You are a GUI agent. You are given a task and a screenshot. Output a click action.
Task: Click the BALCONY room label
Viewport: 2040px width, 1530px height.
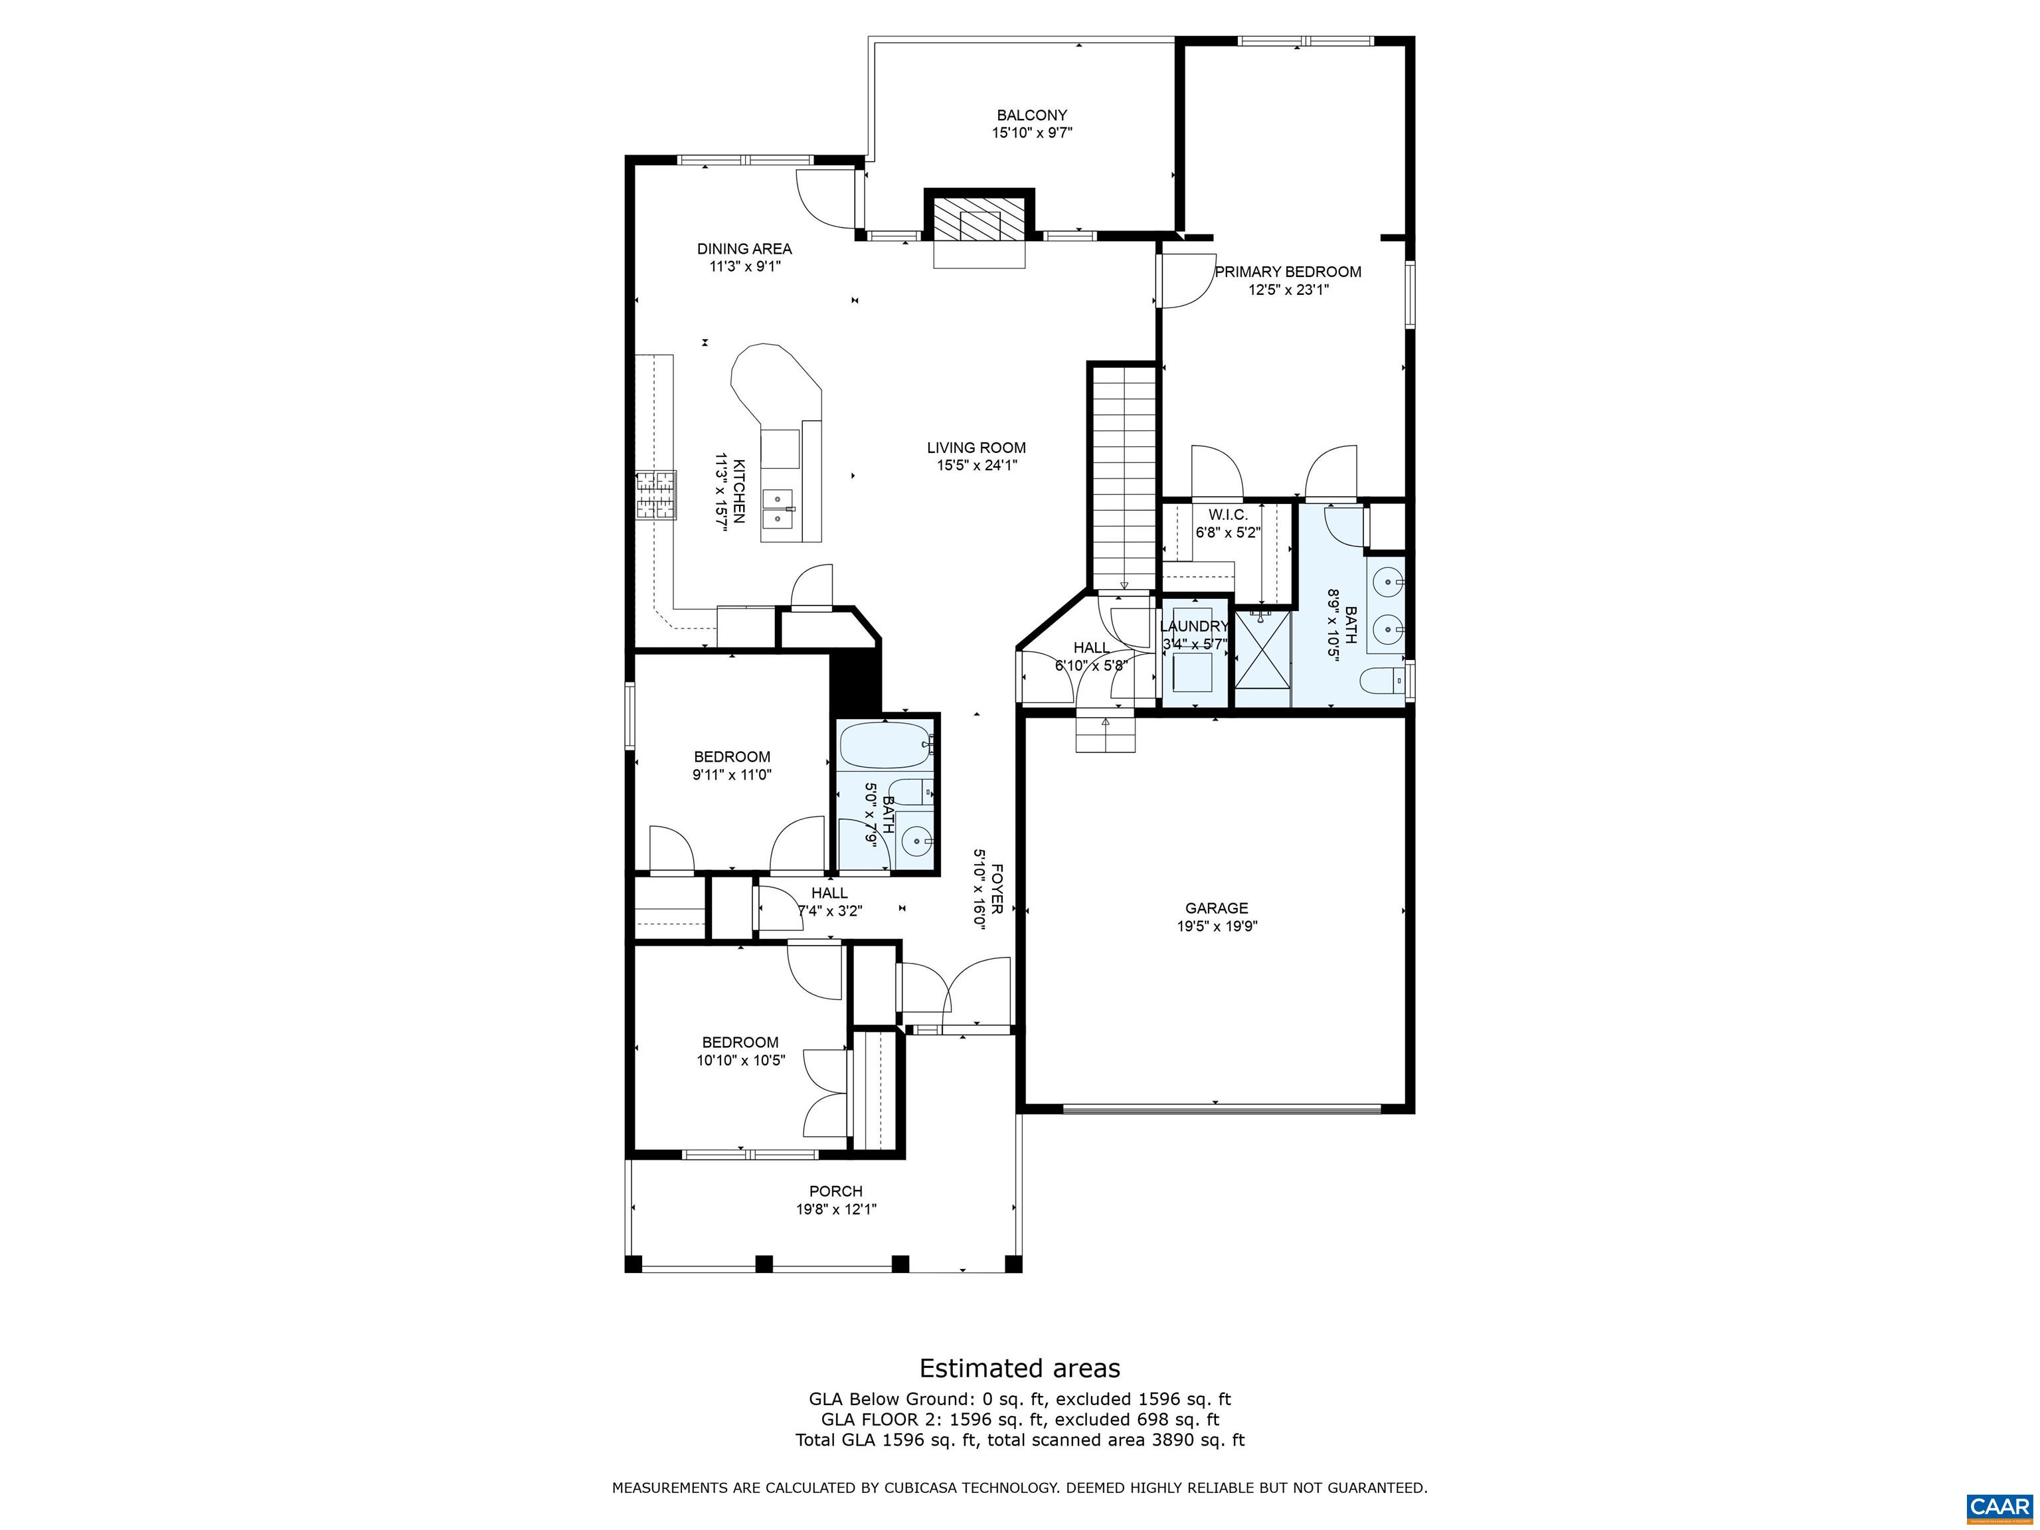[1031, 116]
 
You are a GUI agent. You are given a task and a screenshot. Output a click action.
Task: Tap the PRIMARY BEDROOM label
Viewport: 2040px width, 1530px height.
[1288, 272]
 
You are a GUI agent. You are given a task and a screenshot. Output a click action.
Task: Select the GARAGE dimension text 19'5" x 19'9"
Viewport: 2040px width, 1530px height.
[1217, 926]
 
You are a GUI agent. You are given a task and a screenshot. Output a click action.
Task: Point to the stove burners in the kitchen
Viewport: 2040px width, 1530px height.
[655, 495]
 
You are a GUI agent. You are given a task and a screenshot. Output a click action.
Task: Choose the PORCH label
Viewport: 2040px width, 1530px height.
[835, 1191]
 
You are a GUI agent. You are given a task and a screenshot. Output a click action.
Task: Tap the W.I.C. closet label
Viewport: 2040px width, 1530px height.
[1227, 515]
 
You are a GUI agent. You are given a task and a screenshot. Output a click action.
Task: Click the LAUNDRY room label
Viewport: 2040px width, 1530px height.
[1194, 627]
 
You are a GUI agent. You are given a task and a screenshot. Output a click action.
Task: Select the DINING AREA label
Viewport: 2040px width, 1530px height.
[744, 249]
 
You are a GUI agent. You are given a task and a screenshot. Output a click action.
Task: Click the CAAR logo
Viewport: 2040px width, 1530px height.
[1999, 1506]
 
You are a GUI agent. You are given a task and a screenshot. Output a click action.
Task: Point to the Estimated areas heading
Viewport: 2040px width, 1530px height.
[1020, 1369]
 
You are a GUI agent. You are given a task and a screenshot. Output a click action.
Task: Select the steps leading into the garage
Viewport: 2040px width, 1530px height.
[1105, 732]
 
